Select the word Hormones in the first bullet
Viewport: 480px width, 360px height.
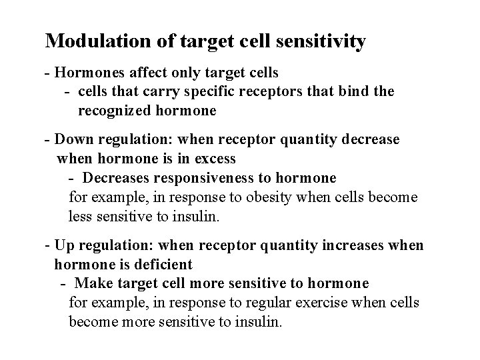click(85, 71)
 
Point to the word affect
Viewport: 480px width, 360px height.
click(141, 71)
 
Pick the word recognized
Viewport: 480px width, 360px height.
click(116, 111)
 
